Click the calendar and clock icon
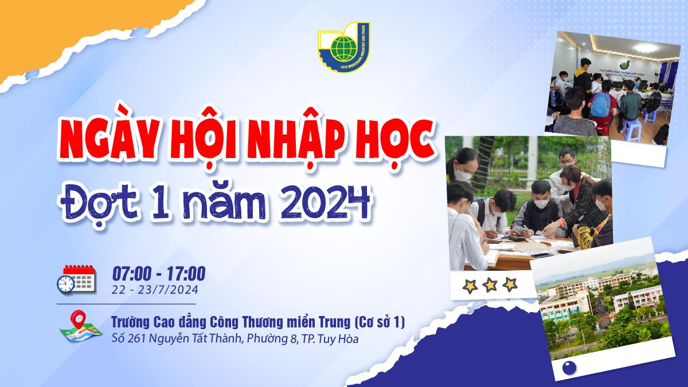coord(76,279)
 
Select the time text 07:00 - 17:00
coord(159,274)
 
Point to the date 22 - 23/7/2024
coord(155,290)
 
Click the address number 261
coord(137,339)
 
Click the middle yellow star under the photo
coord(490,285)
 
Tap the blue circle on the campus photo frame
coord(570,368)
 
